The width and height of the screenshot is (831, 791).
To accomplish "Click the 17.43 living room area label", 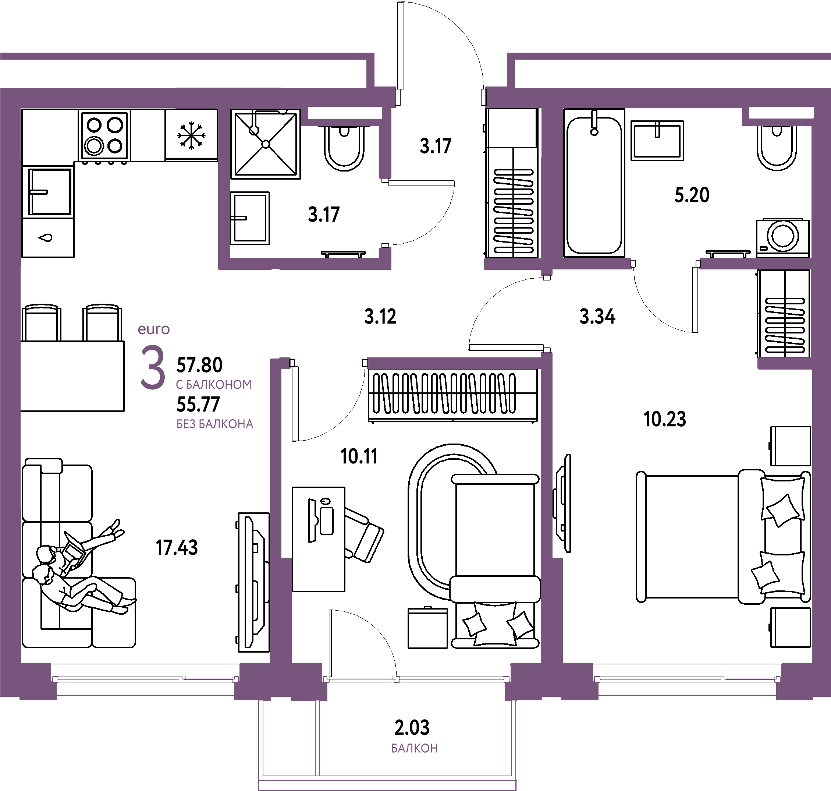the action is (x=177, y=548).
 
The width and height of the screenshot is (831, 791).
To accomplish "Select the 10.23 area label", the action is (x=665, y=419).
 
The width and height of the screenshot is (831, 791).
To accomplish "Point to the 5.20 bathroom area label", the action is (x=692, y=195).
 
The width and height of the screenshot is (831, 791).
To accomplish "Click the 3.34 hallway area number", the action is (x=597, y=316).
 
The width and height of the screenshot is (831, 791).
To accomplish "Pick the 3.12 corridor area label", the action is (x=380, y=316).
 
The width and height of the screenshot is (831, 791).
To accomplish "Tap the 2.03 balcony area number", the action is (x=412, y=727).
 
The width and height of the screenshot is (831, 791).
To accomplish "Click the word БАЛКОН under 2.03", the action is (x=415, y=748).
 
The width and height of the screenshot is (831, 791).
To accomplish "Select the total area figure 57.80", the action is (x=199, y=365).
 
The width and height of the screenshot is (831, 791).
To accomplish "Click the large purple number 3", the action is (x=153, y=367).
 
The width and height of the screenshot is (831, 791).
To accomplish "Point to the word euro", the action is (x=154, y=329).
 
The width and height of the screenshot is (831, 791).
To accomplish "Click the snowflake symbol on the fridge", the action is (x=191, y=135).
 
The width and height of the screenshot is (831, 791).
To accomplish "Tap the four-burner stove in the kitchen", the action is (x=104, y=135).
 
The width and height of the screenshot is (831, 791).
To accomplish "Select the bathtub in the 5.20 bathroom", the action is (x=594, y=183).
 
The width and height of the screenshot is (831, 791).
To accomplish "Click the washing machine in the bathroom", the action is (x=782, y=238).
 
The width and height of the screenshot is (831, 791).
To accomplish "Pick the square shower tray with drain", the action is (x=266, y=144).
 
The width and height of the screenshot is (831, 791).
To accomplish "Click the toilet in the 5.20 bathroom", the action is (x=777, y=148).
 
